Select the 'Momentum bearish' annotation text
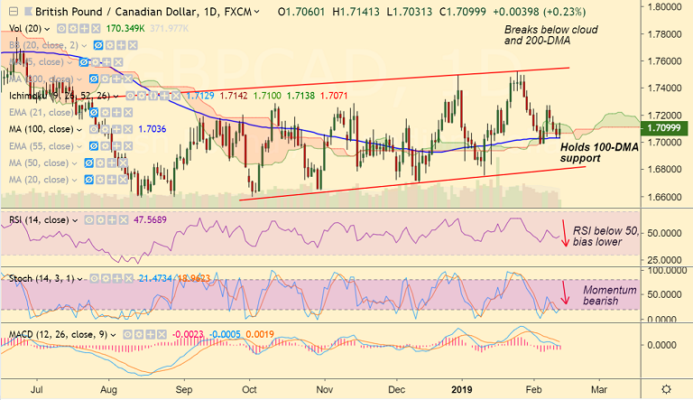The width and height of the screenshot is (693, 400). click(609, 295)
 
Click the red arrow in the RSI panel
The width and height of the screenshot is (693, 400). click(565, 234)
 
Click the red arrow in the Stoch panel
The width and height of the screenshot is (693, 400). click(565, 291)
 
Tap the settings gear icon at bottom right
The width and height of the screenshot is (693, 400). click(666, 387)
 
